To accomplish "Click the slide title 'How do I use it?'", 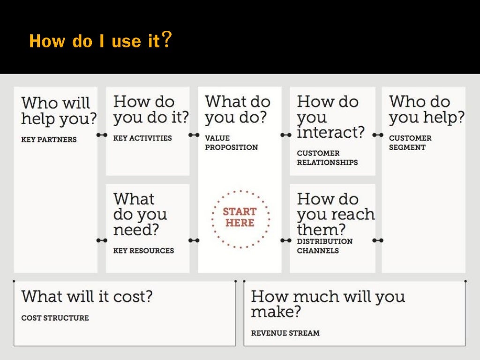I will (100, 41).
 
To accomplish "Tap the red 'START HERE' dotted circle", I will (240, 218).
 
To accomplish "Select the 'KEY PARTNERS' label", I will (49, 140).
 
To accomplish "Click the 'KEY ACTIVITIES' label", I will (142, 138).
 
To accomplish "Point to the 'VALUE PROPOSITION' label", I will (232, 143).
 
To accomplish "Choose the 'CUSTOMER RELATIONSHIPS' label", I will (327, 158).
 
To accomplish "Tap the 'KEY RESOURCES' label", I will (143, 251).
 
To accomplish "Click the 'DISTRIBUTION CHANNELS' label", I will (325, 246).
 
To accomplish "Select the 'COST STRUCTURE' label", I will (55, 318).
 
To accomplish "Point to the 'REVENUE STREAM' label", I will (285, 333).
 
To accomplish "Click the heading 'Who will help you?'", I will (59, 111).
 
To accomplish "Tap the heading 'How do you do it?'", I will (151, 109).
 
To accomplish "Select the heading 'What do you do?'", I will (238, 109).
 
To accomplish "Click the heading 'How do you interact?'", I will (330, 117).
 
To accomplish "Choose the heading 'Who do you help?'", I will (427, 109).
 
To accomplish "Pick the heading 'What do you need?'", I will (140, 214).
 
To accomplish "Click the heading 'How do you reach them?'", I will (336, 214).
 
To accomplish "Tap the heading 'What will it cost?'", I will (87, 296).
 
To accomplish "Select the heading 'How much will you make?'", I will (328, 303).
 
